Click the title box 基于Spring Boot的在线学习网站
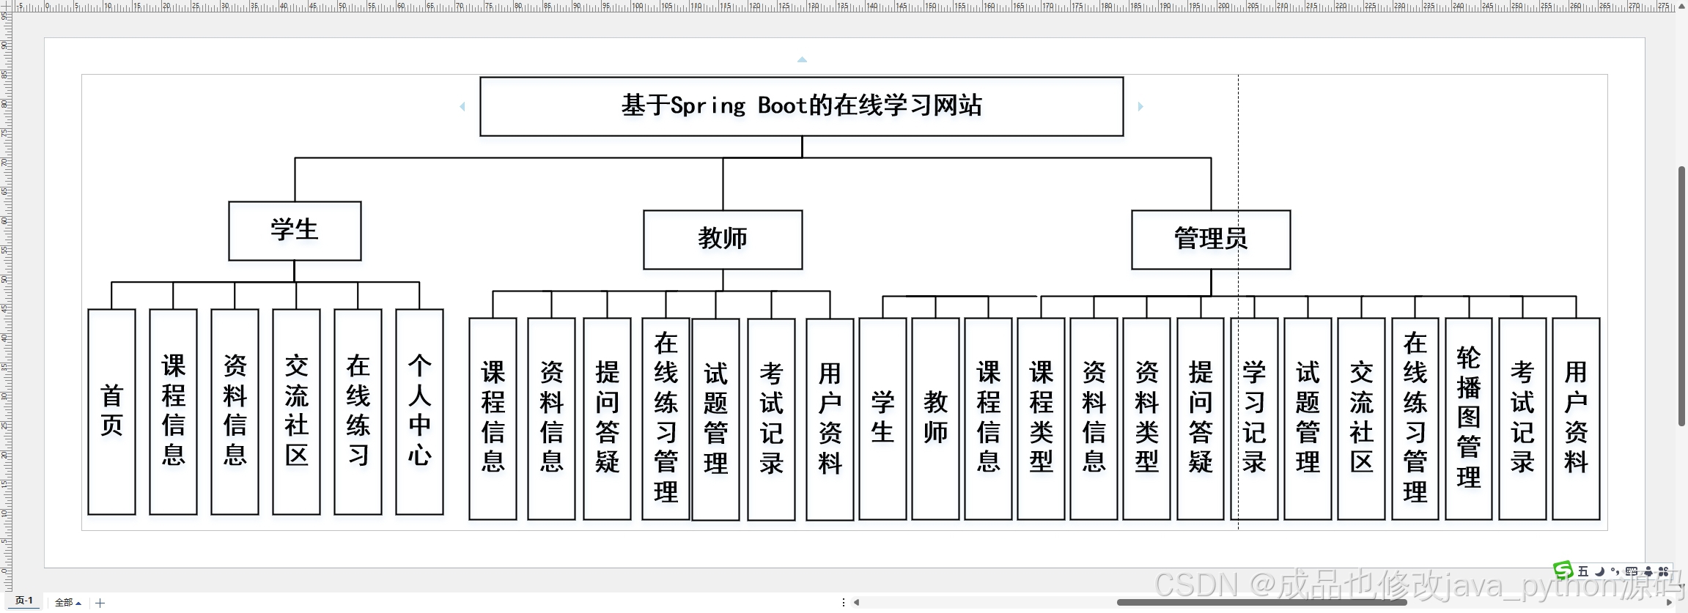click(801, 106)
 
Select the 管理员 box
click(1210, 239)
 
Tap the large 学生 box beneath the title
click(295, 231)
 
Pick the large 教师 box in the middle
click(723, 239)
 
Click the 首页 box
click(111, 412)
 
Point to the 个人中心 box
click(419, 412)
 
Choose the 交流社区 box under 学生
click(296, 412)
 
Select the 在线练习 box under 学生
click(358, 412)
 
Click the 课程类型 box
click(1041, 418)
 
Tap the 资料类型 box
click(1146, 418)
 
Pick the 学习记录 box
click(1254, 418)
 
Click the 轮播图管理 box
click(1468, 418)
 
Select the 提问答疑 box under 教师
click(607, 418)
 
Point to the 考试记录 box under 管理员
click(1522, 418)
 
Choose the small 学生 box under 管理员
click(882, 418)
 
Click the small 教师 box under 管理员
click(935, 418)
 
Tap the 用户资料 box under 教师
click(830, 418)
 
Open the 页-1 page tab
click(24, 601)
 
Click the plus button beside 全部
click(100, 603)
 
